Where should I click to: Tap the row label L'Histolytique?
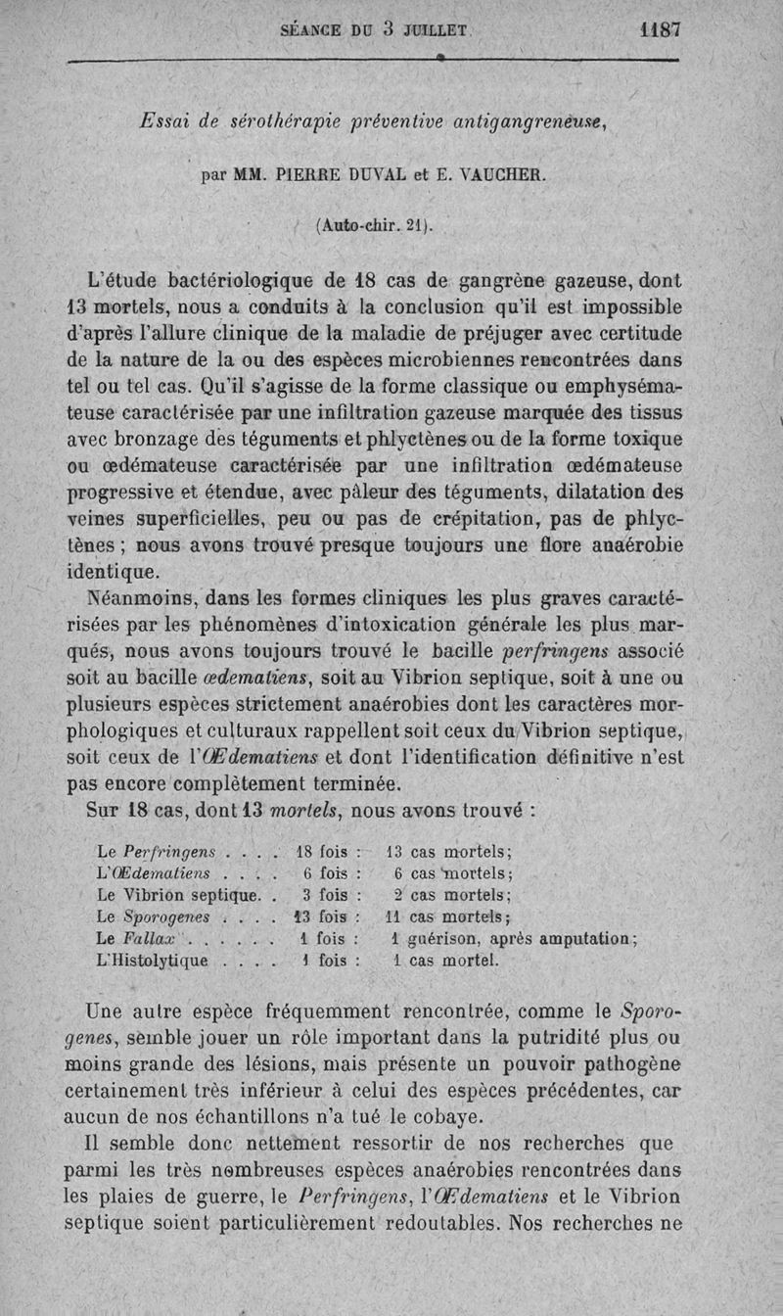point(152,961)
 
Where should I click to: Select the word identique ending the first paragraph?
point(114,570)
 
